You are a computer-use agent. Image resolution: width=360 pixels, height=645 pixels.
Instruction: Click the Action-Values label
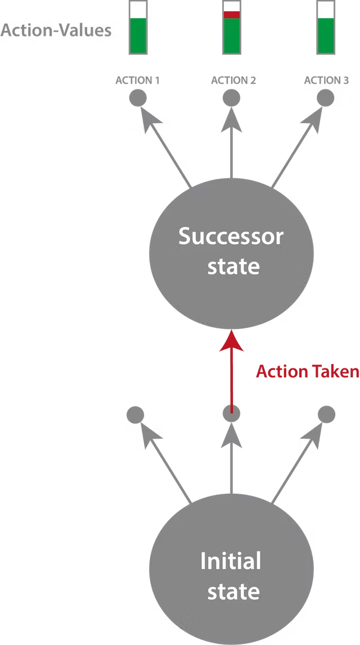(x=56, y=30)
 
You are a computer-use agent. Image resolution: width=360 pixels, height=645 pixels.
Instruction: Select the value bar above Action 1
(x=138, y=28)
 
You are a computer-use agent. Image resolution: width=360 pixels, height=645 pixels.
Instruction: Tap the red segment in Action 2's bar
(x=231, y=15)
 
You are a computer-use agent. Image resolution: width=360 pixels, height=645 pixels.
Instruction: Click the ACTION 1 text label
(x=138, y=80)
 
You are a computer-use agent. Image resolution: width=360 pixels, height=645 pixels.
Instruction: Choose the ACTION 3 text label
(x=326, y=80)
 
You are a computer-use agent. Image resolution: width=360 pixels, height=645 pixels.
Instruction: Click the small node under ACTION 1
(x=138, y=98)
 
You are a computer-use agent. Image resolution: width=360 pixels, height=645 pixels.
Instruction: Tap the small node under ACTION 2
(x=231, y=98)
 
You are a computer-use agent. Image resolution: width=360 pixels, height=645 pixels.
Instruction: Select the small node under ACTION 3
(x=325, y=98)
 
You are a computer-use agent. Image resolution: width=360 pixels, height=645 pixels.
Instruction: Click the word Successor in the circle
(x=231, y=237)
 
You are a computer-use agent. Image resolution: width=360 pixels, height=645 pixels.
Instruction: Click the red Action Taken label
(x=307, y=372)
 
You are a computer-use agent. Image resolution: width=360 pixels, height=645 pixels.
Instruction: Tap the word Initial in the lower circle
(x=231, y=561)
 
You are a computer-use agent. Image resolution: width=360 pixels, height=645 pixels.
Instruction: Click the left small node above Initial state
(x=136, y=415)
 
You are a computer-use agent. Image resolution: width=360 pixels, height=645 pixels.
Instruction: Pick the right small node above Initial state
(x=326, y=415)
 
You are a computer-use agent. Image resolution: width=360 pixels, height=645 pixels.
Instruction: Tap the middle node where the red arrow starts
(x=231, y=414)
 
